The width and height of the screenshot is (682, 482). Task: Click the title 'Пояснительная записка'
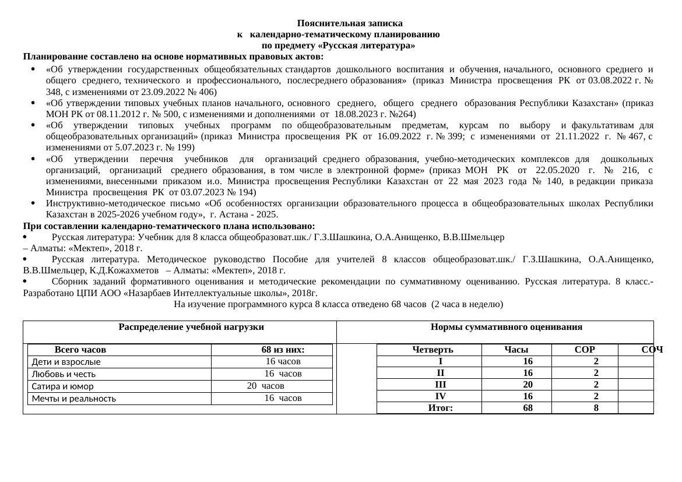(349, 23)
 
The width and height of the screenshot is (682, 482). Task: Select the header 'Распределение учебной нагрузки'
(191, 327)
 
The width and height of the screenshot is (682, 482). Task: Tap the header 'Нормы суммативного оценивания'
(506, 327)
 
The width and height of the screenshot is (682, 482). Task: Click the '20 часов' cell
(265, 386)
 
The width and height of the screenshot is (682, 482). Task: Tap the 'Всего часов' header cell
(80, 350)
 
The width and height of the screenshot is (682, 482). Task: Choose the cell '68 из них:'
(283, 350)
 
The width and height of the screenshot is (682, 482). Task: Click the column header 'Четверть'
(433, 350)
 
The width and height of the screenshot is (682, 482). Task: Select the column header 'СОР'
(584, 350)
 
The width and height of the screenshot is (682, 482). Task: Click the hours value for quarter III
(528, 385)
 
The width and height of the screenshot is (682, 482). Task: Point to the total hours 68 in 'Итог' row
(528, 408)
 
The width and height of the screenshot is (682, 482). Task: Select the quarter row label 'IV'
(440, 396)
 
